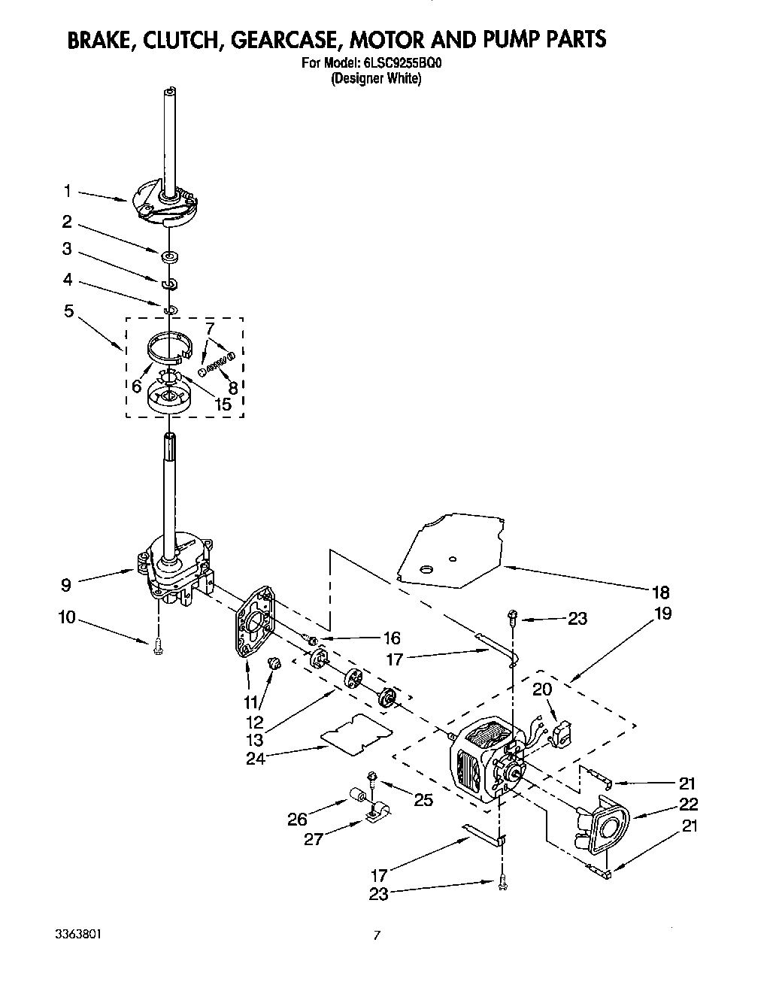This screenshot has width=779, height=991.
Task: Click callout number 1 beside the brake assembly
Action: click(67, 192)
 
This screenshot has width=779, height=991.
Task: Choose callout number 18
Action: click(661, 591)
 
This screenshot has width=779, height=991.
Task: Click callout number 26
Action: click(297, 820)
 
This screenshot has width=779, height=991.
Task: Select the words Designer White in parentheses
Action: click(377, 78)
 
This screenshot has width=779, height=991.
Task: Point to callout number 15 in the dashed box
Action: click(223, 405)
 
